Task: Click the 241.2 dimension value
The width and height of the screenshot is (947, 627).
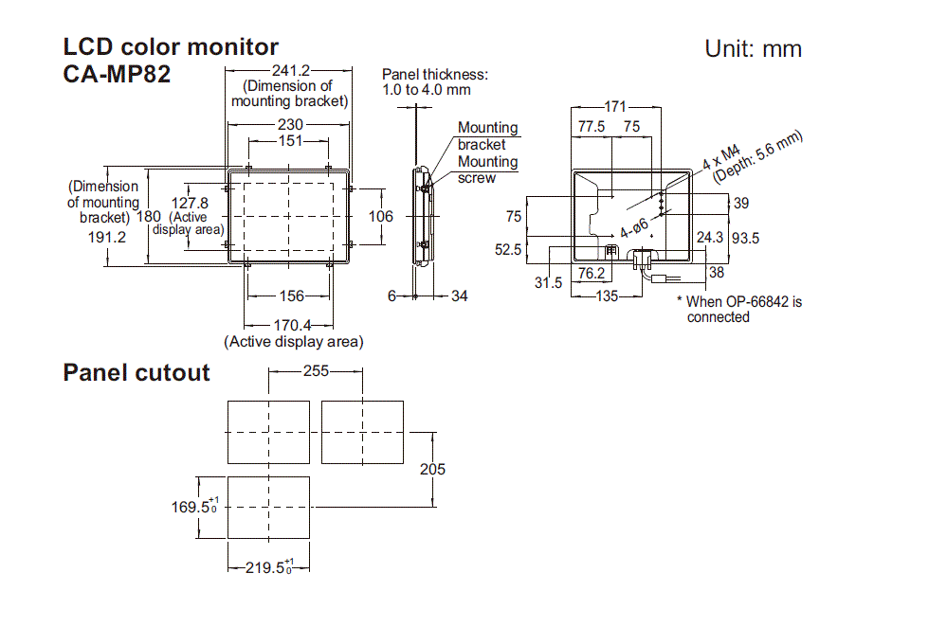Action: click(x=290, y=70)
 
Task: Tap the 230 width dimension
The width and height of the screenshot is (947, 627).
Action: click(x=290, y=124)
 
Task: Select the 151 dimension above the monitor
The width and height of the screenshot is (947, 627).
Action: click(x=290, y=140)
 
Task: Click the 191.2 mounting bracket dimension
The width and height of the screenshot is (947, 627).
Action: click(x=105, y=238)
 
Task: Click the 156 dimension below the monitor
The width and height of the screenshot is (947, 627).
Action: click(x=290, y=296)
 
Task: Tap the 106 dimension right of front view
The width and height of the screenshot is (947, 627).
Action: click(x=381, y=216)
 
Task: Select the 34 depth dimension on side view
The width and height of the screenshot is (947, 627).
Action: click(x=459, y=296)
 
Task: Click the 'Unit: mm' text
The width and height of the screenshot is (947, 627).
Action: click(x=753, y=49)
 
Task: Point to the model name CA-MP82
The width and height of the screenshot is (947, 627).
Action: click(x=117, y=74)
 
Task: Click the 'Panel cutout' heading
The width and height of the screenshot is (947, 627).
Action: click(x=136, y=372)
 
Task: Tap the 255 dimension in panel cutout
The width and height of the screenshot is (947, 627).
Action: click(x=316, y=371)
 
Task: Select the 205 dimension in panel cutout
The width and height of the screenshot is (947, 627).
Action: click(x=432, y=469)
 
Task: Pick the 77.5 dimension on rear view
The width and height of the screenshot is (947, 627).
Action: click(x=592, y=126)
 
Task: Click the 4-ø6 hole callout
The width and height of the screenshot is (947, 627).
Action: click(x=634, y=228)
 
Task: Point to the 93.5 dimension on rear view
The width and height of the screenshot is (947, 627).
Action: click(x=744, y=238)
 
